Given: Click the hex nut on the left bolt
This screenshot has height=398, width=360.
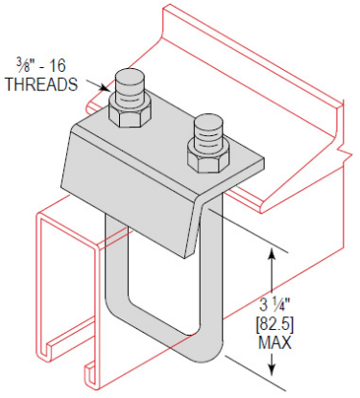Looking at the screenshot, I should pyautogui.click(x=128, y=114).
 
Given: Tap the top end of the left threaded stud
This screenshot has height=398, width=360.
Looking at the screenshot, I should pyautogui.click(x=129, y=77).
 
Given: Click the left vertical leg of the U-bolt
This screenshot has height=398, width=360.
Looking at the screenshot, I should pyautogui.click(x=112, y=278).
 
